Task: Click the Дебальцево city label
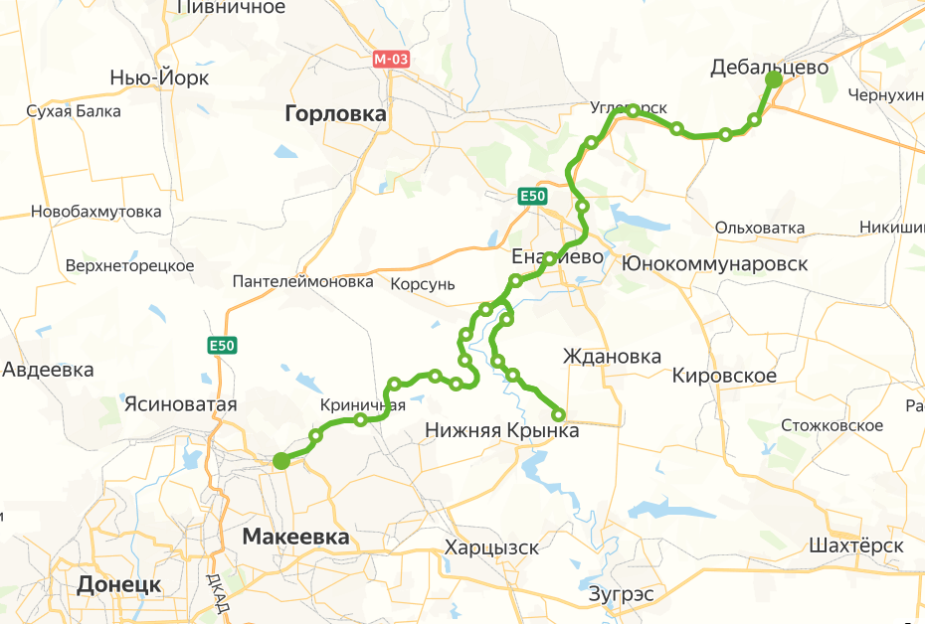pos(770,67)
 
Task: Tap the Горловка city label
pos(335,114)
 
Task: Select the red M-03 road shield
pos(391,59)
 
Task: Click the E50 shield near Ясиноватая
pos(223,345)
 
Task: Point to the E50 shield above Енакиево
pos(533,197)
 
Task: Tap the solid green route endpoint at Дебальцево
pos(774,80)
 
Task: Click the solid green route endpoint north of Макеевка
pos(281,460)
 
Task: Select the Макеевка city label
pos(296,537)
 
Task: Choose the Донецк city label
pos(119,583)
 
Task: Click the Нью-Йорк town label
pos(159,78)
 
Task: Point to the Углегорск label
pos(628,107)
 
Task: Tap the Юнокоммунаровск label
pos(714,264)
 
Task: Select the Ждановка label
pos(612,356)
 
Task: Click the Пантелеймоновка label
pos(302,282)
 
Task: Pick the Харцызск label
pos(491,547)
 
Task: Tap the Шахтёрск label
pos(856,546)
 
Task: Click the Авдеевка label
pos(48,370)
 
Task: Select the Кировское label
pos(724,376)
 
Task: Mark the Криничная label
pos(363,405)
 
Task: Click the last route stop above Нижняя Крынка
pos(558,414)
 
